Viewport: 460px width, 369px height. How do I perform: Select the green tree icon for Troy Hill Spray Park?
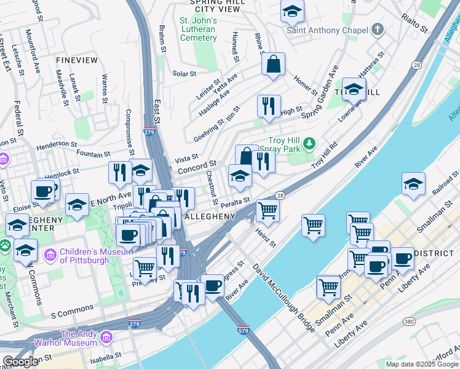point(309,144)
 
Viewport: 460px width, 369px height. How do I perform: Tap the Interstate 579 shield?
point(244,330)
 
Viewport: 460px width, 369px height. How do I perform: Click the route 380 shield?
point(408,321)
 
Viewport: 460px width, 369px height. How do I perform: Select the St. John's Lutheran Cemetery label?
point(198,29)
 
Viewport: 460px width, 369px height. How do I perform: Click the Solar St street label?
point(184,74)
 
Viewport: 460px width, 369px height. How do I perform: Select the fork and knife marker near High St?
point(269,106)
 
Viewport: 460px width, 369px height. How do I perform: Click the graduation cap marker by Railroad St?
point(413,183)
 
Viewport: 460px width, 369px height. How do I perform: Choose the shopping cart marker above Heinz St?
point(268,210)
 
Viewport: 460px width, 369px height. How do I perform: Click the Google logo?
point(20,362)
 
